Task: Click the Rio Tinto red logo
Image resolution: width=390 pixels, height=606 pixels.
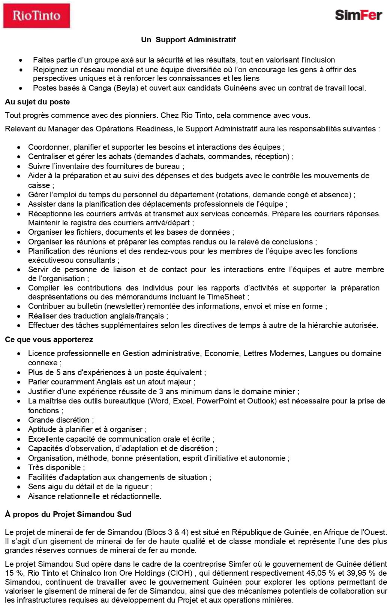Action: [36, 15]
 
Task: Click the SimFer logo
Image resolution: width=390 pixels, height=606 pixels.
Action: [358, 15]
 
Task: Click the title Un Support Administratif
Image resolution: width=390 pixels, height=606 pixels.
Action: [188, 40]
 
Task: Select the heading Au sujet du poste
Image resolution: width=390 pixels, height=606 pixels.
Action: [37, 102]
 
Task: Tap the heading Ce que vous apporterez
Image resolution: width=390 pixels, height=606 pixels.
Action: [49, 339]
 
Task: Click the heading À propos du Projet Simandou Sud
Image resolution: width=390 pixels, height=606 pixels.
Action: [68, 514]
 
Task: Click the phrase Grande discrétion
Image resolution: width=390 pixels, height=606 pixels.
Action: [59, 420]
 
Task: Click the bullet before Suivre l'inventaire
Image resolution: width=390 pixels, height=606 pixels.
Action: [19, 166]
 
